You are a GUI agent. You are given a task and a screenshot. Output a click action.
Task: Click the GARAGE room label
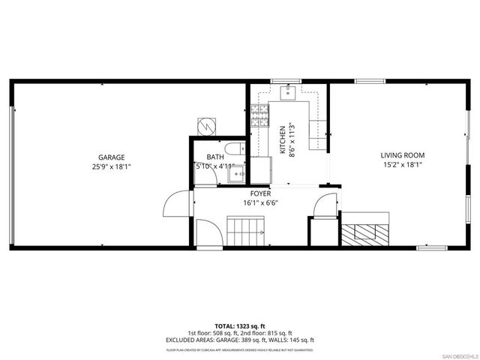click(111, 157)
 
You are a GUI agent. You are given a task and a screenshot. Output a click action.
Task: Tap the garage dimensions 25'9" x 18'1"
click(111, 166)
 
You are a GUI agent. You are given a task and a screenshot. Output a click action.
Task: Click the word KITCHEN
click(282, 139)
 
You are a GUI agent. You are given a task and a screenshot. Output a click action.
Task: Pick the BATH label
click(216, 157)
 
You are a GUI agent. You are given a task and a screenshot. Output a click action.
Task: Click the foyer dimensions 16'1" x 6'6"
click(261, 202)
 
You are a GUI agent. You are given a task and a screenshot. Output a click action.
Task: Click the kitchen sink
click(287, 92)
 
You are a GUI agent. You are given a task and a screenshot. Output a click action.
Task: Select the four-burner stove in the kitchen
click(259, 115)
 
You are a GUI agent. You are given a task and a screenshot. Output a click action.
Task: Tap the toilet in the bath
click(232, 147)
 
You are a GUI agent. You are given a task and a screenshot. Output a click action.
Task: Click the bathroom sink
click(237, 175)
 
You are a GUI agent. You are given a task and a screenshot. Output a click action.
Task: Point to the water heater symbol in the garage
click(206, 124)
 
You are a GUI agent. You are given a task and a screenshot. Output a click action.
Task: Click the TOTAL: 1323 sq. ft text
click(240, 326)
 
